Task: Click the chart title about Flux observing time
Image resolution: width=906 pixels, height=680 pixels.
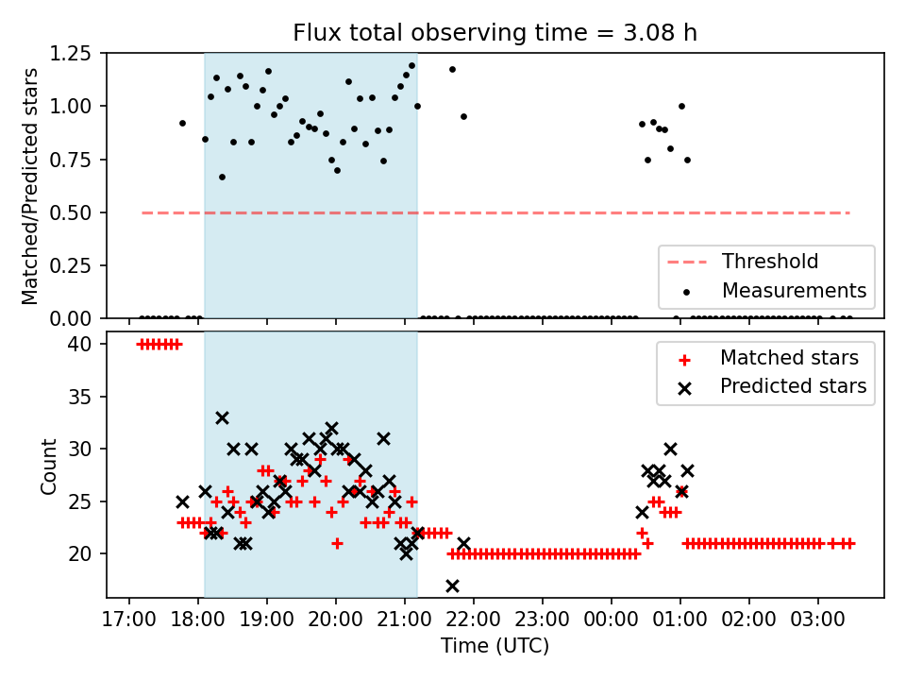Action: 495,33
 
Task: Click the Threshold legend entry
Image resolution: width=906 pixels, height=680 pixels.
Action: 770,262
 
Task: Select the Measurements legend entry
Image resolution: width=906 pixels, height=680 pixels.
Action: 794,290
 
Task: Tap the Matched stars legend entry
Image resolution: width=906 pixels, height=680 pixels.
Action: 789,358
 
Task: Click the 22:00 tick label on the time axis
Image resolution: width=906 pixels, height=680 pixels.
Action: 474,623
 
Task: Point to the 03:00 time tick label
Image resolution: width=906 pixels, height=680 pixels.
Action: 817,623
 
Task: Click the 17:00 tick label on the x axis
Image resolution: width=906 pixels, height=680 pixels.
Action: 129,623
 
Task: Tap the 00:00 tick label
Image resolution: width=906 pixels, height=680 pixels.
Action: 611,623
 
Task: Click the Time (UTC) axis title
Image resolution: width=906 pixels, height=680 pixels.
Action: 495,647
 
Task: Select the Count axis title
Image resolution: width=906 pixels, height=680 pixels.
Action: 48,466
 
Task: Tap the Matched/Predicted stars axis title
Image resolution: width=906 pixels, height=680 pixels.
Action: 30,186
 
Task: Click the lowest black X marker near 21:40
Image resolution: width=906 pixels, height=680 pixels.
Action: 452,586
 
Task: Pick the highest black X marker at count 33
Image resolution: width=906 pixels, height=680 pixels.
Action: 222,417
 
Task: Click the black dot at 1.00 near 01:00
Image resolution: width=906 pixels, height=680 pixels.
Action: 681,106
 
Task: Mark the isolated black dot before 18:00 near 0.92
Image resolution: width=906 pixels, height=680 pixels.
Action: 182,123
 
